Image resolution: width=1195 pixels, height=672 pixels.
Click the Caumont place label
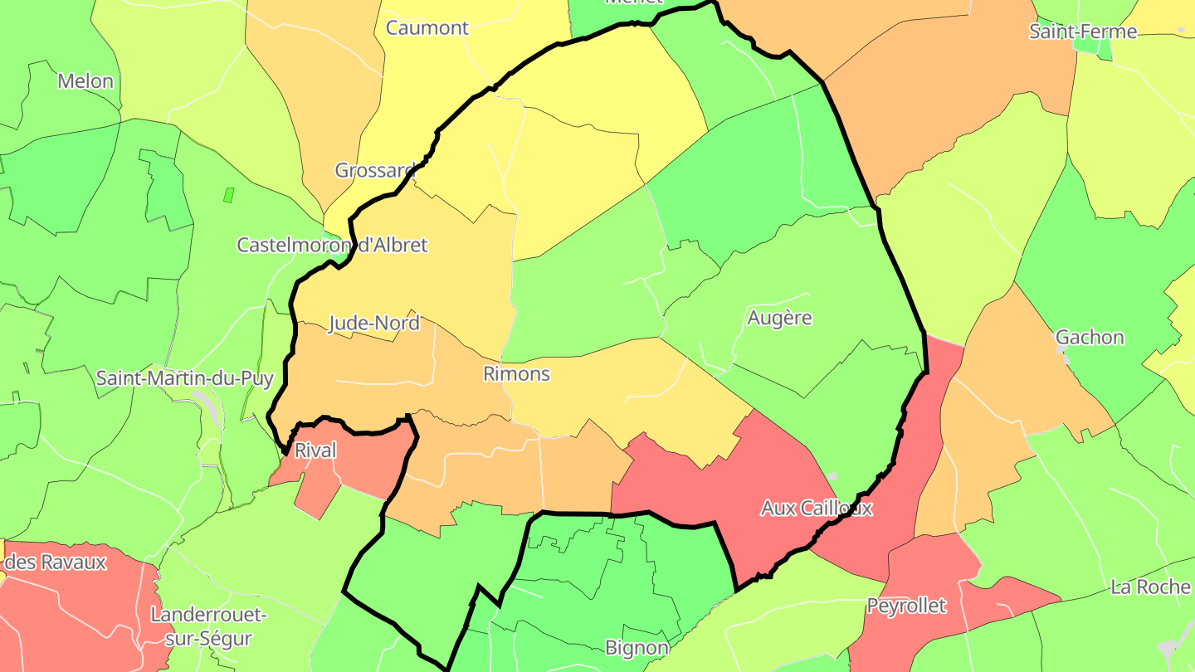[x=427, y=28]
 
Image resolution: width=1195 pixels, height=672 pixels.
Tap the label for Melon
[x=85, y=81]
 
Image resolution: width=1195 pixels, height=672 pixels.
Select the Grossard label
[x=374, y=171]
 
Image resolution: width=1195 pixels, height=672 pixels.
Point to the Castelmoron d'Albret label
[x=332, y=246]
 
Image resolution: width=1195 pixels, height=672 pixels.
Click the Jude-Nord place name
[x=374, y=324]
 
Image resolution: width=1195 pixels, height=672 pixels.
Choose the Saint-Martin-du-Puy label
[x=185, y=379]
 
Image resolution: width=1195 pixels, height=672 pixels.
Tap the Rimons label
[x=516, y=374]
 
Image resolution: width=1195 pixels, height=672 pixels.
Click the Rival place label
[x=316, y=450]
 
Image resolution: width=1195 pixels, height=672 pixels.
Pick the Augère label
[x=779, y=318]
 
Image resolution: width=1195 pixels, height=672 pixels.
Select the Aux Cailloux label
[x=817, y=509]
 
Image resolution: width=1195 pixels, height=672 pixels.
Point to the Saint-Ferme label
[x=1082, y=32]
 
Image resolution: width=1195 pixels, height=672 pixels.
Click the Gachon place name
[x=1090, y=338]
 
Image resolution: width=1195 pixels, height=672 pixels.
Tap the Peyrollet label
[x=906, y=606]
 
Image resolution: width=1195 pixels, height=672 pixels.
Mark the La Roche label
[x=1150, y=587]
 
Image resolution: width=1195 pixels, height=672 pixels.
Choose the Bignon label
[x=637, y=648]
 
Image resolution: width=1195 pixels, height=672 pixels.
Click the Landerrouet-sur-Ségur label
[x=208, y=627]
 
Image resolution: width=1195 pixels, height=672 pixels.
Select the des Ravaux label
[x=56, y=562]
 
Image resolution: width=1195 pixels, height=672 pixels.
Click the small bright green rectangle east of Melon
[x=228, y=196]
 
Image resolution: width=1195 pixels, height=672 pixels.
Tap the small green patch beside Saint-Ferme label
[x=1104, y=48]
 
